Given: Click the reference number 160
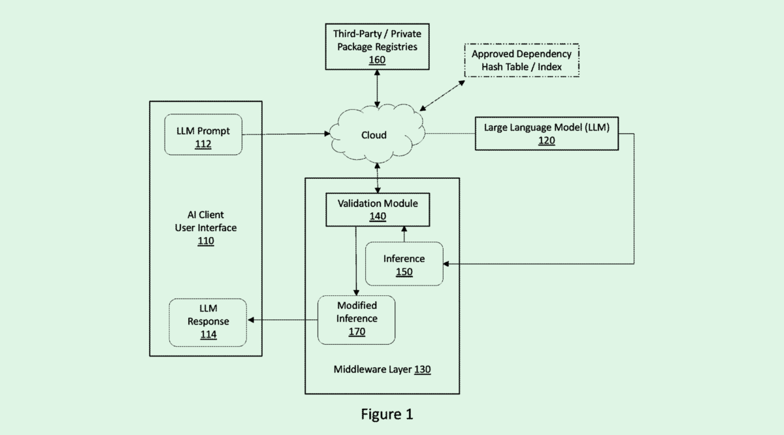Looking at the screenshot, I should click(x=377, y=60).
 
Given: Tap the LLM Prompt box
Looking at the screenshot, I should click(x=203, y=135).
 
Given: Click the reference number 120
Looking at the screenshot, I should click(x=546, y=140).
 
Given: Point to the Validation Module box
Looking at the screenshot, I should click(x=378, y=209).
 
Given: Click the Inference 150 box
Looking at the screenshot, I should click(x=404, y=264).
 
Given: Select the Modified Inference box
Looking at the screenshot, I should click(x=356, y=319).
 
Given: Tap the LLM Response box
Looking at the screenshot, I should click(x=208, y=322).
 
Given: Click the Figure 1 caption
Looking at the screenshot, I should click(x=387, y=414).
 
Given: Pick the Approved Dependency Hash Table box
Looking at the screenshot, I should click(x=521, y=60).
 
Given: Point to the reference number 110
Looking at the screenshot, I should click(x=205, y=242).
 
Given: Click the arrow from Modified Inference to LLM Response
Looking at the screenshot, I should click(x=282, y=320).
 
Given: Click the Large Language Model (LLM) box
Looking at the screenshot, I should click(x=546, y=134).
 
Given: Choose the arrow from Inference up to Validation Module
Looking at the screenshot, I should click(x=404, y=234).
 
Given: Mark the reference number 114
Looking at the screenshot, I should click(x=208, y=336).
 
